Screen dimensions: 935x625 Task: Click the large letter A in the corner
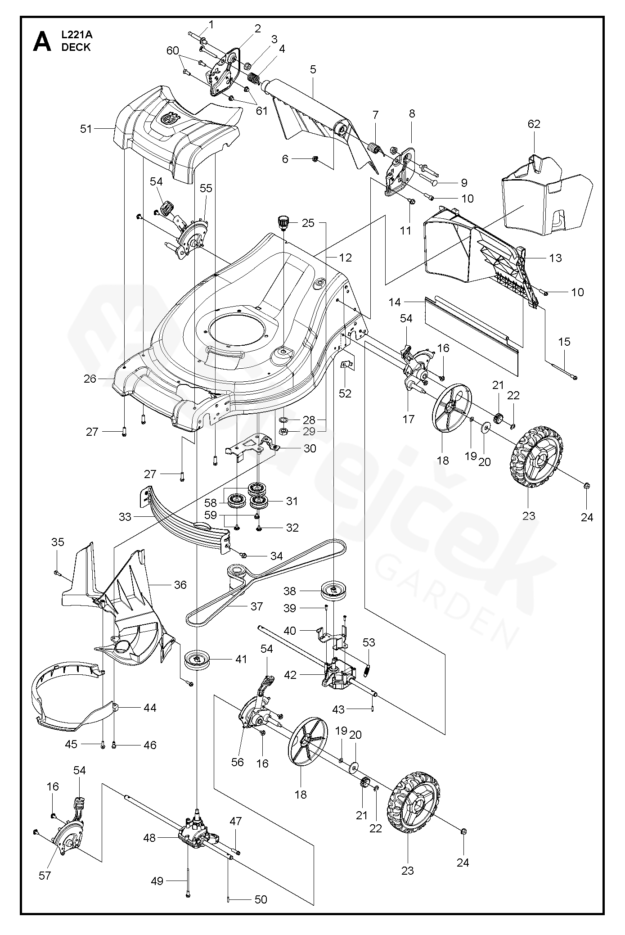[x=41, y=42]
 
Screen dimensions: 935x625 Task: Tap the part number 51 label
[x=85, y=129]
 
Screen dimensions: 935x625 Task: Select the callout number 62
[x=534, y=124]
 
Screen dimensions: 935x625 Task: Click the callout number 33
[x=125, y=517]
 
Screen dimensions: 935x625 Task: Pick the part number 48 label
[x=149, y=838]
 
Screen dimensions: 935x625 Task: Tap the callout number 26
[x=90, y=379]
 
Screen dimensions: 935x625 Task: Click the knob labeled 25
[x=283, y=222]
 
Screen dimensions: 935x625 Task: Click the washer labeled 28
[x=284, y=420]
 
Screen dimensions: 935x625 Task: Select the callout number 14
[x=395, y=302]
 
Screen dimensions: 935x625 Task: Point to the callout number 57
[x=45, y=876]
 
